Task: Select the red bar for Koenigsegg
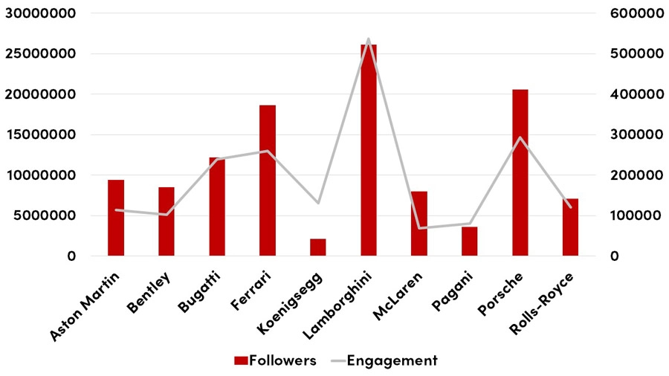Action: (x=318, y=247)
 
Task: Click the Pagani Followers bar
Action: (x=470, y=242)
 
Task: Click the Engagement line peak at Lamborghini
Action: (x=369, y=39)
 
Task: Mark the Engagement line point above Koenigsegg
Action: (x=318, y=203)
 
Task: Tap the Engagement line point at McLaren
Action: (x=419, y=228)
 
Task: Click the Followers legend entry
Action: (x=275, y=360)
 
